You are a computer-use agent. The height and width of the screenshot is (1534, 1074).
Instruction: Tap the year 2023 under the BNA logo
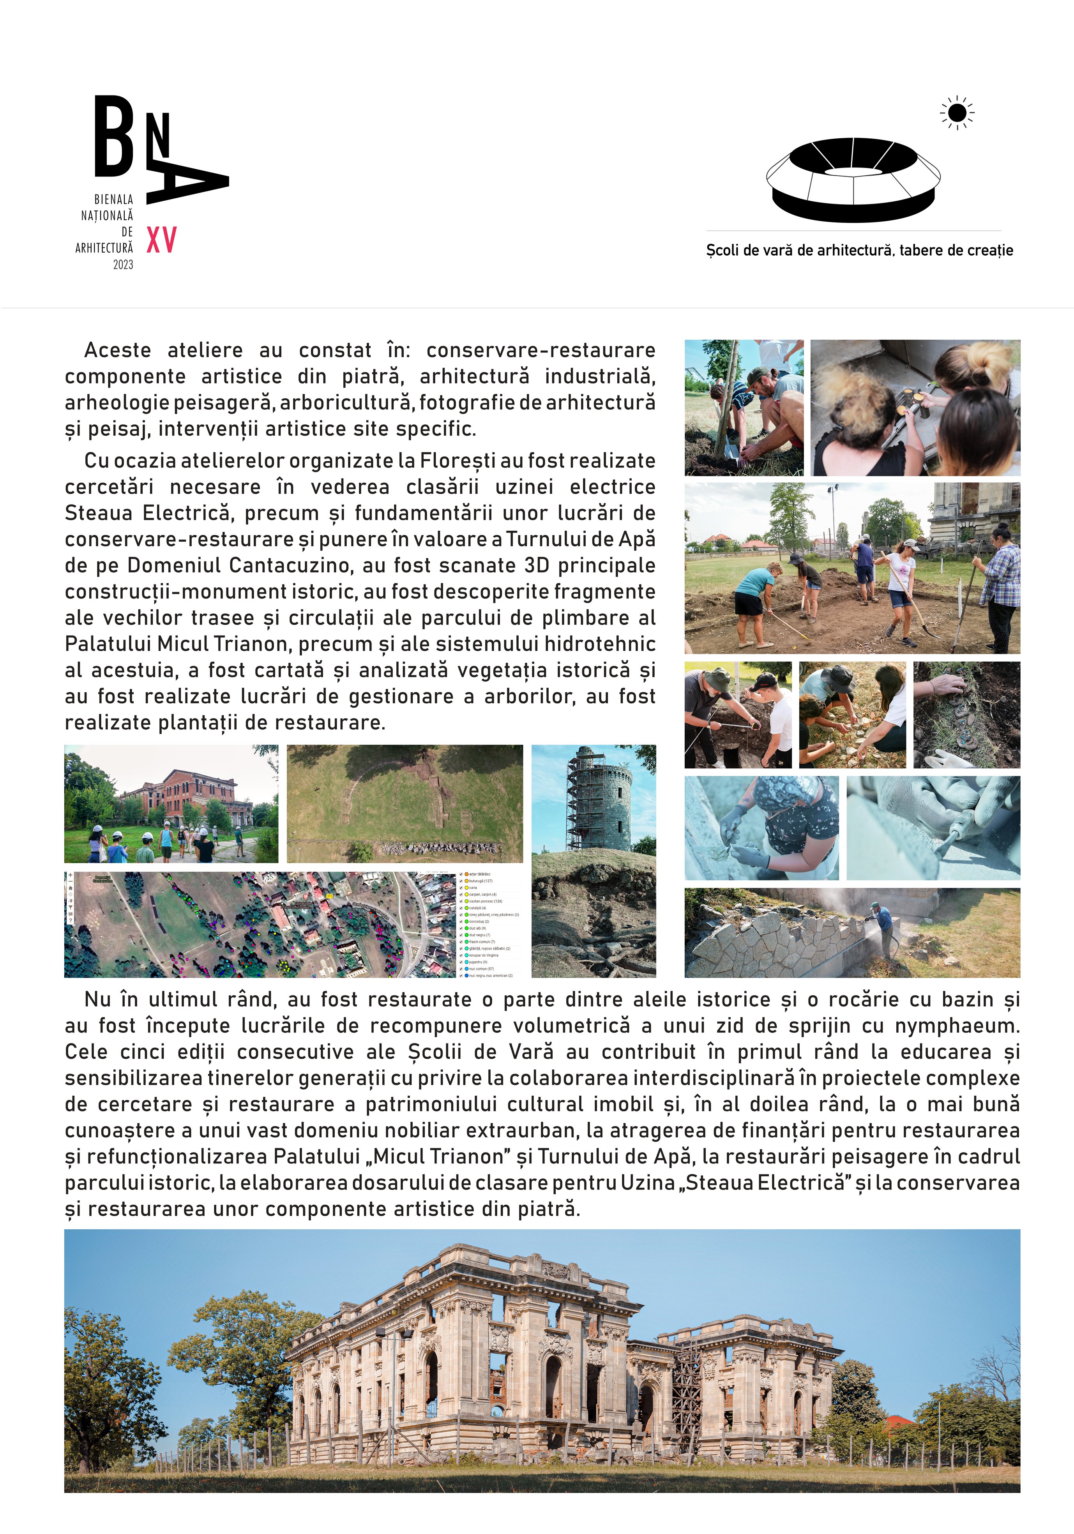point(123,265)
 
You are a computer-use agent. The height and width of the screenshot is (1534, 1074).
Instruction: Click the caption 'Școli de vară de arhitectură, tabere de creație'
point(859,251)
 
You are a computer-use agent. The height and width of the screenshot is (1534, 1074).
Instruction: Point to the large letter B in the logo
point(114,137)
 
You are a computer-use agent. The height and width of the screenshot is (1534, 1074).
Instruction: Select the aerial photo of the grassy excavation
point(405,804)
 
